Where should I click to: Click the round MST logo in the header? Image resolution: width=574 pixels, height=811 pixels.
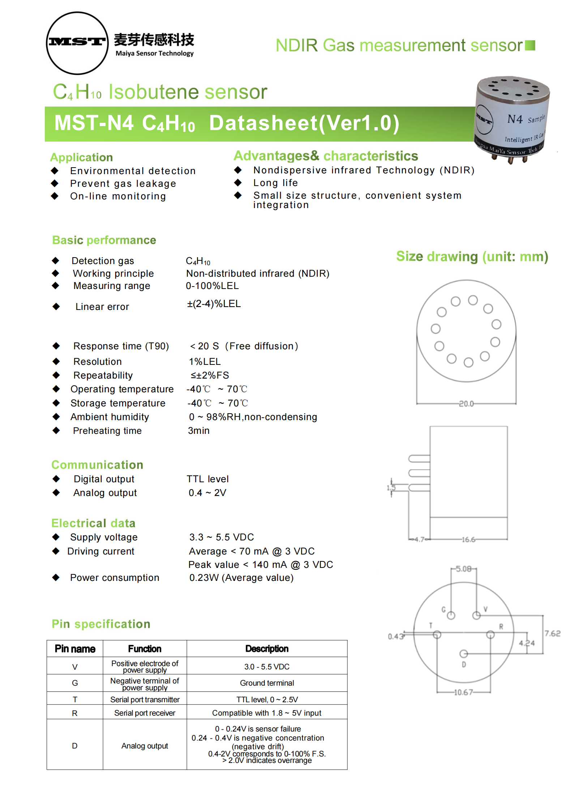click(77, 43)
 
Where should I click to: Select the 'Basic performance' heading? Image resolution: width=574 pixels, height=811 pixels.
click(104, 240)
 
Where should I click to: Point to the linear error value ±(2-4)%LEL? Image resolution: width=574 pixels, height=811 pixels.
click(214, 304)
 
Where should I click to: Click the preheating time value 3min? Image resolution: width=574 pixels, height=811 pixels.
click(198, 431)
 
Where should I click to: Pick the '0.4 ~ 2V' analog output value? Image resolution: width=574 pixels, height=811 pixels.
click(207, 493)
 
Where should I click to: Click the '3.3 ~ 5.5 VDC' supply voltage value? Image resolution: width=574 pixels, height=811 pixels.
click(221, 537)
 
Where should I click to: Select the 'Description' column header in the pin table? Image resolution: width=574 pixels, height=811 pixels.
click(267, 649)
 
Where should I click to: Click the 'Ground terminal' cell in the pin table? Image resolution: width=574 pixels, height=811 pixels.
click(267, 683)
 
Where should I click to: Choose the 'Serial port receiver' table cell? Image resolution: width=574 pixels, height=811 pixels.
click(145, 713)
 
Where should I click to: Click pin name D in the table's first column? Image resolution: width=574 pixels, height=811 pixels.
click(74, 746)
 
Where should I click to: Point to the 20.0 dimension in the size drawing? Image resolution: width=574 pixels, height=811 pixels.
click(466, 404)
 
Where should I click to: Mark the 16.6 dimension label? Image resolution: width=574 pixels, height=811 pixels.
click(468, 540)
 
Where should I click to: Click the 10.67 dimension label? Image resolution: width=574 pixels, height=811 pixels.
click(463, 693)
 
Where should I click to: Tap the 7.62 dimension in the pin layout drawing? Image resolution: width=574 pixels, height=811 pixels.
click(552, 634)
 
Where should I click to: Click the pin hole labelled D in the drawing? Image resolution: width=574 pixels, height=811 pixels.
click(463, 654)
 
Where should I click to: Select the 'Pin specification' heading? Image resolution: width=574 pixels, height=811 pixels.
click(101, 624)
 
